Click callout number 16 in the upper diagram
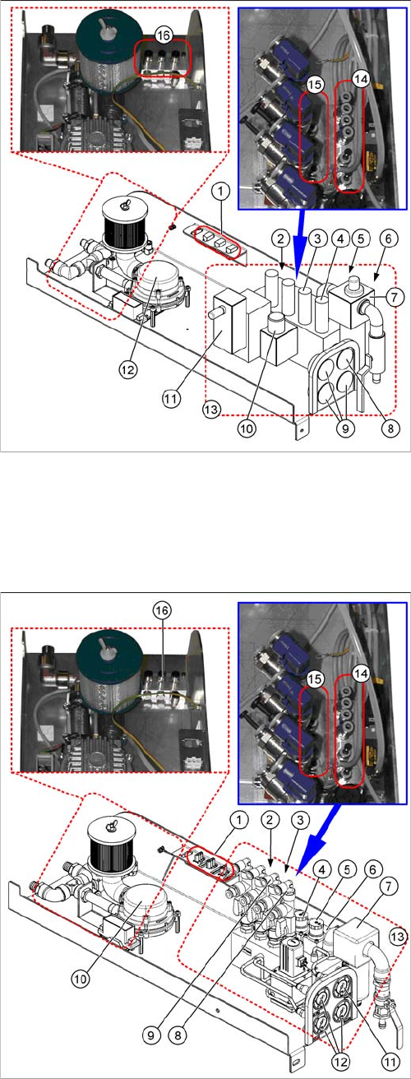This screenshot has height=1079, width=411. click(164, 35)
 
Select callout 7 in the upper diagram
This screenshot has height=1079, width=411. click(395, 297)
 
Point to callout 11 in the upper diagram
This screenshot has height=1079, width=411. click(171, 398)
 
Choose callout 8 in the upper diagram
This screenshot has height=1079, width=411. click(390, 428)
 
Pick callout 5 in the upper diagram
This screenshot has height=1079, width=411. click(363, 238)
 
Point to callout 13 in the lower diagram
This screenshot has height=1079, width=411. click(398, 936)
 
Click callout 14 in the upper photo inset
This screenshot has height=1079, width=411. click(360, 79)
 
